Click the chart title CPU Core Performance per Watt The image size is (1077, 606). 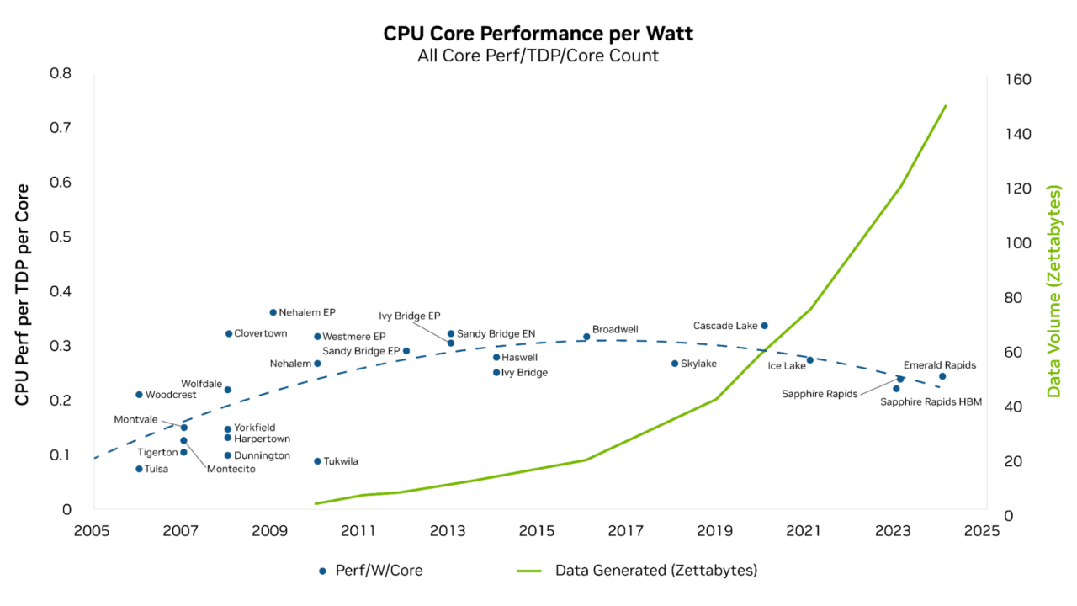[x=538, y=34]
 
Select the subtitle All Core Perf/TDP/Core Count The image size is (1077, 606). [x=538, y=56]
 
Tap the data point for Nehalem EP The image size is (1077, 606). [x=273, y=312]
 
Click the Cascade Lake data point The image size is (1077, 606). [x=764, y=326]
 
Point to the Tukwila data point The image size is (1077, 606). [x=317, y=461]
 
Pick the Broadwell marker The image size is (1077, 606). [x=586, y=337]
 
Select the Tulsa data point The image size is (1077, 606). [x=139, y=469]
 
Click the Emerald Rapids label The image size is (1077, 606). [x=939, y=365]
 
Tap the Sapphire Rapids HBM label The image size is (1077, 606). [x=931, y=402]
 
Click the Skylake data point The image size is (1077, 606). [x=674, y=364]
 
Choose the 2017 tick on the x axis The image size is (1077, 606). [x=625, y=531]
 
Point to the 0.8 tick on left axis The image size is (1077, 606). [x=61, y=73]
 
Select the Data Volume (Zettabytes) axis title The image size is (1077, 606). [x=1053, y=291]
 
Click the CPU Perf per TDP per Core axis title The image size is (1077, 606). [x=23, y=295]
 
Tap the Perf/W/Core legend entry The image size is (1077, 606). [x=370, y=571]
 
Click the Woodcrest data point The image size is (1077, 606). [x=139, y=395]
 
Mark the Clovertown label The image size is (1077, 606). [x=260, y=333]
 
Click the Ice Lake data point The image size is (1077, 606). [x=809, y=360]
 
